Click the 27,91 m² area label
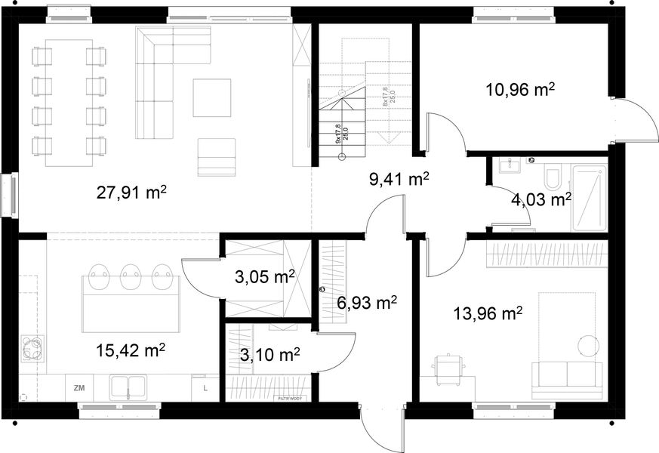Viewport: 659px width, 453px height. tap(131, 192)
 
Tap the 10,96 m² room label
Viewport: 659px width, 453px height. tap(520, 91)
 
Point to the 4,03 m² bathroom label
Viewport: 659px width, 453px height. tap(540, 200)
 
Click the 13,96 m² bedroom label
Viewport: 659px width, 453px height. tap(488, 313)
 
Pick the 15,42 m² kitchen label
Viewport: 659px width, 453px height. tap(131, 350)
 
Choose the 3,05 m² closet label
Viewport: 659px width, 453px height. tap(264, 277)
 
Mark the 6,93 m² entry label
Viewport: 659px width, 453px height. tap(367, 304)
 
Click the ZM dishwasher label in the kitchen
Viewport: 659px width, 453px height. tap(79, 388)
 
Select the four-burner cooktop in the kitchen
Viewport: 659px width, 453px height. tap(32, 349)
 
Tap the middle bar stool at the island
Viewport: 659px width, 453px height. tap(131, 276)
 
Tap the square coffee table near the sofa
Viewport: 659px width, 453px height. tap(211, 98)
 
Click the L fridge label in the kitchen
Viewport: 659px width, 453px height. tap(205, 388)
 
